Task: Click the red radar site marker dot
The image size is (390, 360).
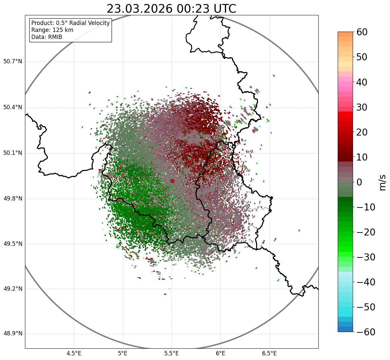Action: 172,181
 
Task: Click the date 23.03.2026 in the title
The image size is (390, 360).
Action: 140,9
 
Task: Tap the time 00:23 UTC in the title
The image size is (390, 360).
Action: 206,9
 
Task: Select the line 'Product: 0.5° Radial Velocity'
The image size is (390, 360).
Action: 70,23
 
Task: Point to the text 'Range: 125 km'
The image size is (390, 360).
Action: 52,30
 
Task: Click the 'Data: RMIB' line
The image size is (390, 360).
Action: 47,37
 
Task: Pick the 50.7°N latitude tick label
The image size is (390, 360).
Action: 13,62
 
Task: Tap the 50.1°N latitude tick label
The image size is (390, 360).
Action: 13,153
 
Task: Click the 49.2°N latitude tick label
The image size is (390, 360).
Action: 13,289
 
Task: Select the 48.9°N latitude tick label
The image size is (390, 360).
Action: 13,334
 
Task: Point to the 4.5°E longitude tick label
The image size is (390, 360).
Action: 74,353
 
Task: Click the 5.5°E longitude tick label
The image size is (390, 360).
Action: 172,353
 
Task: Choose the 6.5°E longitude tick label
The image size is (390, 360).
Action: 269,353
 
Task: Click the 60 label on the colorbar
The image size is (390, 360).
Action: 362,32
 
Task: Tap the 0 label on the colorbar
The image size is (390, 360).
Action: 359,182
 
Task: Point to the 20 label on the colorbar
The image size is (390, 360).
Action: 362,132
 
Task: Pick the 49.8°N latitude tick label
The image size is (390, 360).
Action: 13,199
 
